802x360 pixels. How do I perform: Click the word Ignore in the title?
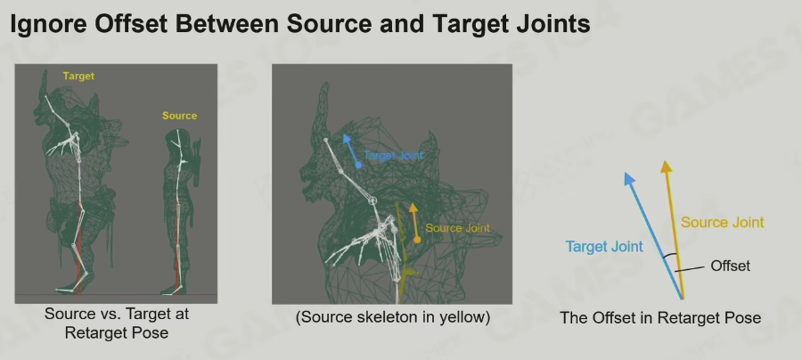coord(49,23)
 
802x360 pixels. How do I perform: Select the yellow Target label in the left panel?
coord(78,77)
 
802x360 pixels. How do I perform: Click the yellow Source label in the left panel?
coord(179,116)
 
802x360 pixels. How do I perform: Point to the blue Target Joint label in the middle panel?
coord(394,155)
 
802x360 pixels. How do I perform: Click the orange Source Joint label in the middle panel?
coord(458,228)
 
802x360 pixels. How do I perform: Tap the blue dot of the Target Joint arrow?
coord(358,165)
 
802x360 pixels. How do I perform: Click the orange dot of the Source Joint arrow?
coord(417,240)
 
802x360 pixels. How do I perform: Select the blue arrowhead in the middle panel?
coord(347,138)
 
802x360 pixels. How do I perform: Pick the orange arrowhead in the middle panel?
coord(413,207)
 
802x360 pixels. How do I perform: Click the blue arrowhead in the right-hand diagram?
coord(629,178)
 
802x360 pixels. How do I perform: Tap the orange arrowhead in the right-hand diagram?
coord(666,167)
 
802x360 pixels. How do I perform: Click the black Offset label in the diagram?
coord(731,266)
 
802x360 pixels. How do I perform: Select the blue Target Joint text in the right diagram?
coord(604,247)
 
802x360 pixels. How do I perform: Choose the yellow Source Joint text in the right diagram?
coord(722,223)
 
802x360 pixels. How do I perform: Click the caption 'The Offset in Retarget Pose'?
coord(660,317)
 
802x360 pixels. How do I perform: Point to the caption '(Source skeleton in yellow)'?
coord(393,317)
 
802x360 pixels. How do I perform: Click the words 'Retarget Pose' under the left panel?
coord(117,333)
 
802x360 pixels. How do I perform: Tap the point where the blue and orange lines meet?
coord(683,299)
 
